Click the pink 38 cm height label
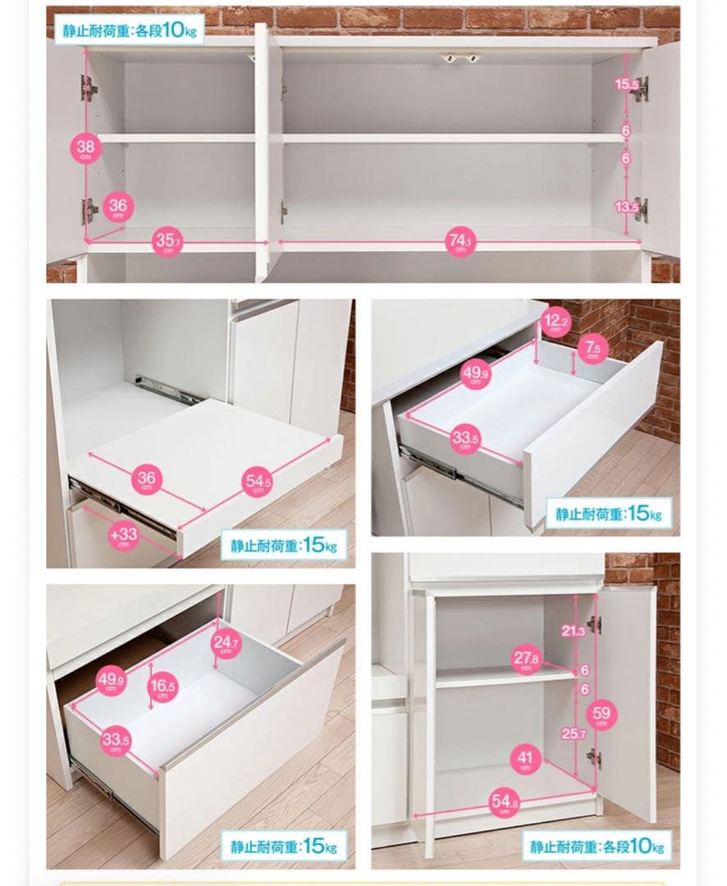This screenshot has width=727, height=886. click(x=86, y=149)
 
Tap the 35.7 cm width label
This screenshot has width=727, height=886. click(x=167, y=242)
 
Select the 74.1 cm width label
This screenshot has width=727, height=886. click(x=461, y=242)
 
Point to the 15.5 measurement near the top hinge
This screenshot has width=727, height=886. click(x=626, y=84)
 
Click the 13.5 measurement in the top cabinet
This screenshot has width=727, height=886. click(x=626, y=207)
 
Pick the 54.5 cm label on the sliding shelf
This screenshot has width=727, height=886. click(x=258, y=482)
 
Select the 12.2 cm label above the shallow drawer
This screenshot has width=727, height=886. click(x=556, y=322)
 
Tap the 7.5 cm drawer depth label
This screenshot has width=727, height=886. click(x=593, y=348)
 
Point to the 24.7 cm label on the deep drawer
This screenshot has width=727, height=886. click(x=226, y=643)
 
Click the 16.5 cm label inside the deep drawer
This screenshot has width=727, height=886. click(x=162, y=687)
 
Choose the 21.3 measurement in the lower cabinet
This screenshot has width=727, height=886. click(x=573, y=631)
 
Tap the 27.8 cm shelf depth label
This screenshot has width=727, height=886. click(x=526, y=659)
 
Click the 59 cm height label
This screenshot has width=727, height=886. click(x=601, y=715)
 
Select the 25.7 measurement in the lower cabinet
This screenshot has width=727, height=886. click(x=574, y=733)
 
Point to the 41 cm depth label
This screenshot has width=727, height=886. click(x=525, y=759)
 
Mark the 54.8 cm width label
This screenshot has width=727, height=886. click(x=505, y=802)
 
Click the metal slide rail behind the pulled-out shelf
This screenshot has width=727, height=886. click(x=167, y=390)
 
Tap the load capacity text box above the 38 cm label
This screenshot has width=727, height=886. click(x=130, y=30)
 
